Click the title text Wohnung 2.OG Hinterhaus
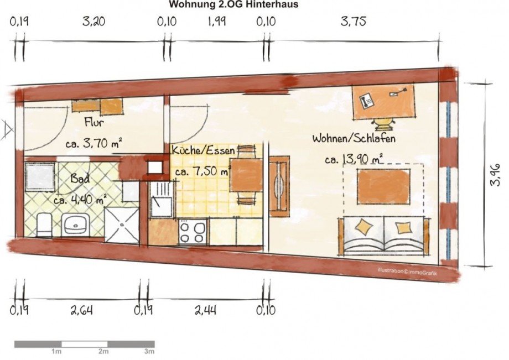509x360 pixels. pos(233,5)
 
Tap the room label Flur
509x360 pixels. pos(95,122)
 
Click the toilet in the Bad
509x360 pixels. pos(44,225)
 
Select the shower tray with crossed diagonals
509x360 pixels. pos(122,225)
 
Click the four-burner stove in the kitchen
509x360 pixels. pos(193,231)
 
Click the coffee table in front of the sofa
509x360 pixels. pos(383,186)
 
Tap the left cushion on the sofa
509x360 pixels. pos(364,226)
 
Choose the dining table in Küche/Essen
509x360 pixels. pos(246,176)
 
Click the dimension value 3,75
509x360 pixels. pos(353,22)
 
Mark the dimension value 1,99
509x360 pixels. pos(216,22)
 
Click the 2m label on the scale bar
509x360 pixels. pos(103,352)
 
